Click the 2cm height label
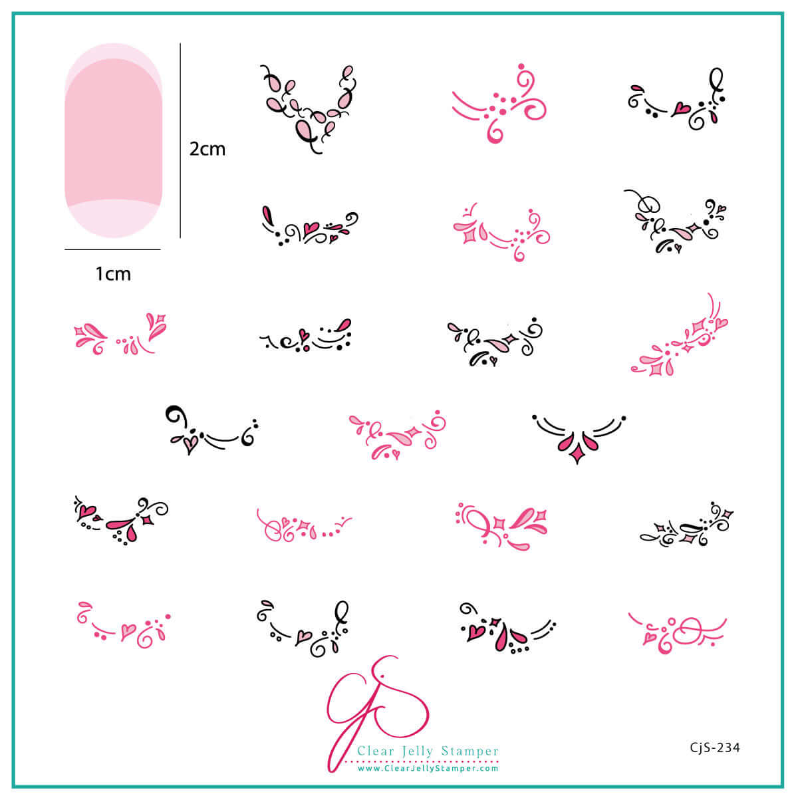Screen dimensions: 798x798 [207, 149]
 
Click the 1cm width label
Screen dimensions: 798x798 [113, 273]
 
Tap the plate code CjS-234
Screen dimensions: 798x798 [715, 747]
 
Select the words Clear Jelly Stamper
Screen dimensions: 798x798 [428, 751]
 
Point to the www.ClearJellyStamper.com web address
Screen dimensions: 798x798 [428, 768]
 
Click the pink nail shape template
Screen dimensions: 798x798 [113, 140]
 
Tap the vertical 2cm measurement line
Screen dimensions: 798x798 [180, 140]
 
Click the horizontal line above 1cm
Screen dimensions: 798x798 [112, 249]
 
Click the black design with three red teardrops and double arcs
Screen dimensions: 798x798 [578, 436]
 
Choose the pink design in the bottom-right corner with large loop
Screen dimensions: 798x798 [678, 630]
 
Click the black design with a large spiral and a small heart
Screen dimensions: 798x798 [211, 429]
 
